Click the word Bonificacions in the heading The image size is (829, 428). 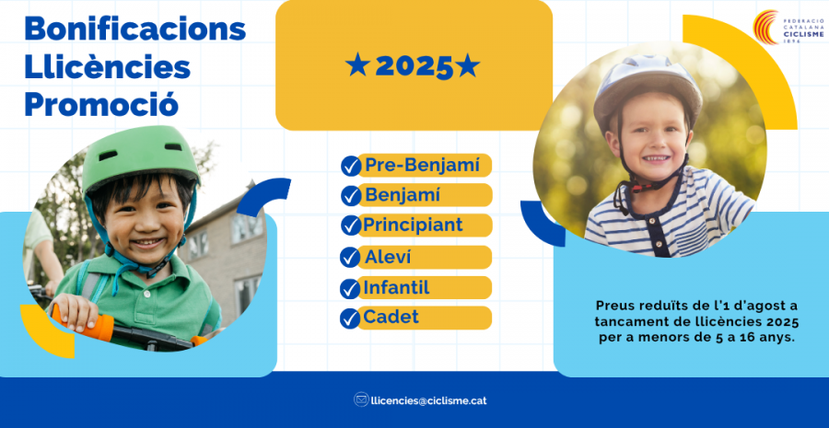(x=135, y=29)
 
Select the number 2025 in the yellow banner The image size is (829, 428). (x=414, y=66)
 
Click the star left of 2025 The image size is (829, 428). (x=357, y=66)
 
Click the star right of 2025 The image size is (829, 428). (x=468, y=66)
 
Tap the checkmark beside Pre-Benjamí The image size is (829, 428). (x=351, y=166)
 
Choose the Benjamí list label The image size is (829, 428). (x=403, y=195)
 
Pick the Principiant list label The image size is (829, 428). (x=413, y=226)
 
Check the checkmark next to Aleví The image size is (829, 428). (x=349, y=258)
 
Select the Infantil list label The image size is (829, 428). (x=396, y=287)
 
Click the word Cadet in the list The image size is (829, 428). (x=391, y=317)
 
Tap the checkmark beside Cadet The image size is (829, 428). (x=349, y=318)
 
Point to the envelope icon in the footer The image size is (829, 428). (x=361, y=399)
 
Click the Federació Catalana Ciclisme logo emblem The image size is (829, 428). (x=766, y=27)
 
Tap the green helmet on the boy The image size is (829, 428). (x=140, y=156)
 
